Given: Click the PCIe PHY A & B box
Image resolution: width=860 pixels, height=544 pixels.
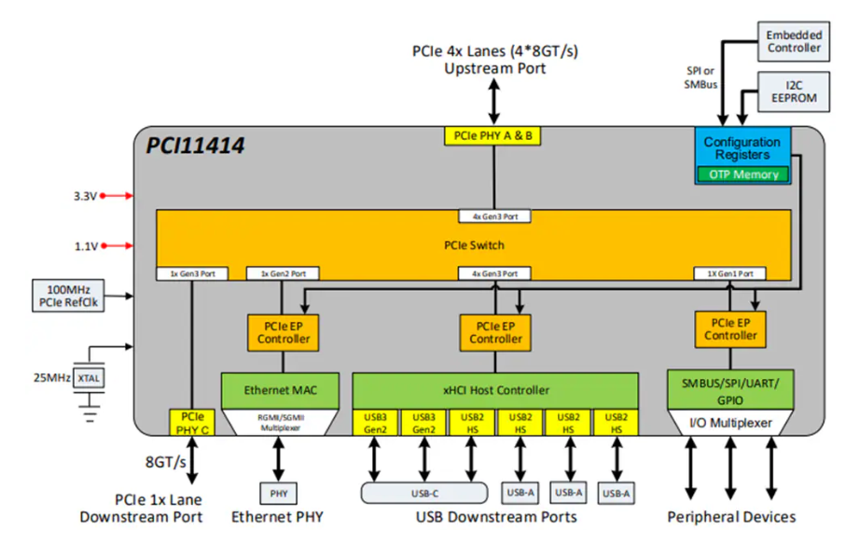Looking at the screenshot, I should point(493,136).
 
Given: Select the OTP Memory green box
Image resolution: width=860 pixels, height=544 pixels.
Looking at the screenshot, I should point(742,174).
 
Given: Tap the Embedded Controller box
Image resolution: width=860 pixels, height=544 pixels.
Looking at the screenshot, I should point(794,41).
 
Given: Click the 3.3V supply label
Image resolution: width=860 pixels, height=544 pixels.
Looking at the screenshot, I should point(85,196).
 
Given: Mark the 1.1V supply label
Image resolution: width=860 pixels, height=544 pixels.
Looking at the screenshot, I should point(85,246).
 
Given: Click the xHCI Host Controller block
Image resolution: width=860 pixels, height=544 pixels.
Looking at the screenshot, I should point(494,390).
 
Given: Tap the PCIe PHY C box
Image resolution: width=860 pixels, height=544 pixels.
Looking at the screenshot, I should point(191,421).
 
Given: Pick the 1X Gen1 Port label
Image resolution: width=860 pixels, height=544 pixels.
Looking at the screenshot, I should point(729,274).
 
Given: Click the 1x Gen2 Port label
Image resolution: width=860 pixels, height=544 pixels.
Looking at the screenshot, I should point(283,274).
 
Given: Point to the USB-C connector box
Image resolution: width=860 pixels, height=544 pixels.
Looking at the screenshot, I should point(423,492).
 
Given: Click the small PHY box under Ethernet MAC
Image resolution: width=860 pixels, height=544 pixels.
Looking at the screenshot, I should point(278,492).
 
